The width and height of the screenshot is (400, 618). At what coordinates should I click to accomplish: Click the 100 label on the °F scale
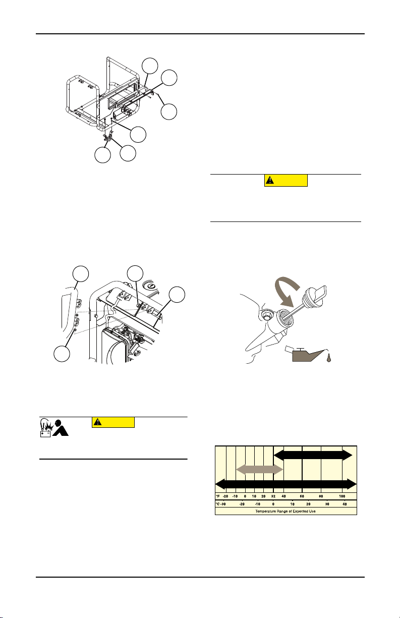click(x=342, y=496)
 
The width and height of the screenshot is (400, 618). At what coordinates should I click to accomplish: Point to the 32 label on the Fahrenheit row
click(x=273, y=496)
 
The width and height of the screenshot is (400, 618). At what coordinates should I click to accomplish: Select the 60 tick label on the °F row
click(x=302, y=496)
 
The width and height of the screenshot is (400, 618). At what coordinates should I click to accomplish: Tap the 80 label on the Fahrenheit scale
click(x=321, y=496)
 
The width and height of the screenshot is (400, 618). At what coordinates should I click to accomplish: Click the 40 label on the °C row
click(x=345, y=504)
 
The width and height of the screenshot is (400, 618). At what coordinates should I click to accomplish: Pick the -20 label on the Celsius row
click(x=242, y=504)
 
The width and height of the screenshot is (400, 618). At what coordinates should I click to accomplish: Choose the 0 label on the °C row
click(x=273, y=504)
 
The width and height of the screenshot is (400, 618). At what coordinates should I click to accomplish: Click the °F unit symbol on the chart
click(x=218, y=496)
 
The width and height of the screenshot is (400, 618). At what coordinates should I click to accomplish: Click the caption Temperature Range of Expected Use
click(x=285, y=511)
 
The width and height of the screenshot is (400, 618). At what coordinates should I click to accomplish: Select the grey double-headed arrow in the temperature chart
click(x=260, y=469)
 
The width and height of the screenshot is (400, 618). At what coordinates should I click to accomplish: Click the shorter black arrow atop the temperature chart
click(x=313, y=455)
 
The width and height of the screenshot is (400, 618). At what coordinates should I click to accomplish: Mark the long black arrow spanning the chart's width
click(x=286, y=484)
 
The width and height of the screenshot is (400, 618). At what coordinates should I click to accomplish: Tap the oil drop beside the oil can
click(x=329, y=358)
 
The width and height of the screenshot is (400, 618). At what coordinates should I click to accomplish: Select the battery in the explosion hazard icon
click(x=45, y=434)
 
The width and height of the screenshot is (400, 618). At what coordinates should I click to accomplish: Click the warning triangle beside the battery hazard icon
click(x=98, y=422)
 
